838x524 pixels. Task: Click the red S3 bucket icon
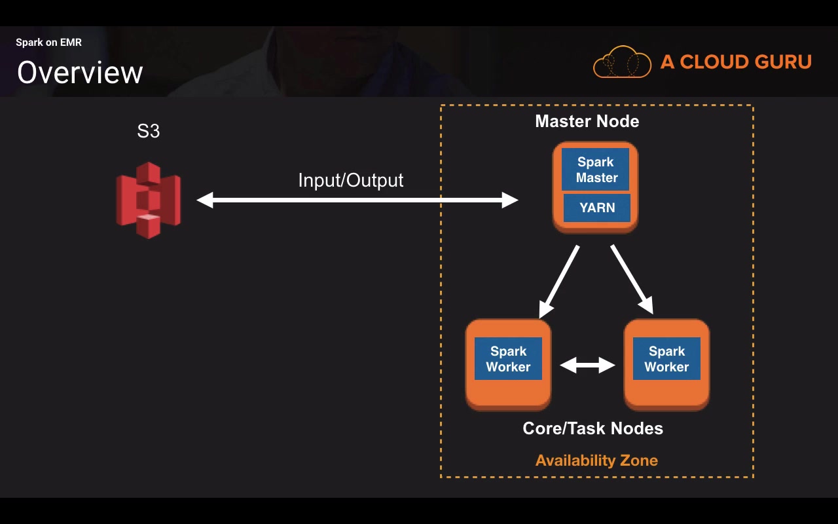(x=149, y=200)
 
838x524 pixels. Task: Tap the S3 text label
(x=149, y=131)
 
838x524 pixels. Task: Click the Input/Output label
(x=351, y=180)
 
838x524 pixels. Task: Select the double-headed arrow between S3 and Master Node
(x=357, y=200)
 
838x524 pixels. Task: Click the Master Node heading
(x=587, y=121)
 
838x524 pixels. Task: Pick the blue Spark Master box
(x=596, y=170)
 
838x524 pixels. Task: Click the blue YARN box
(x=597, y=208)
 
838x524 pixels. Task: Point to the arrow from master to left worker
(x=559, y=280)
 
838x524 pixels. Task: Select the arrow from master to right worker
(x=632, y=279)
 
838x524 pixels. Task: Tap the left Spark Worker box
(x=508, y=359)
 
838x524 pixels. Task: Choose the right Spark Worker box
(x=666, y=359)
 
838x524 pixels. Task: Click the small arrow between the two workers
(x=587, y=365)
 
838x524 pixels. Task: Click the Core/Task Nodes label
(x=592, y=428)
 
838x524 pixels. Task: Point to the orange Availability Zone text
(x=596, y=460)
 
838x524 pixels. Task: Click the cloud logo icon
(x=622, y=63)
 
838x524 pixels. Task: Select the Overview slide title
(x=80, y=72)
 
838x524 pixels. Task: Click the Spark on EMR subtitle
(x=49, y=43)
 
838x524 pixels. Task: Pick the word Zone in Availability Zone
(x=639, y=460)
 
